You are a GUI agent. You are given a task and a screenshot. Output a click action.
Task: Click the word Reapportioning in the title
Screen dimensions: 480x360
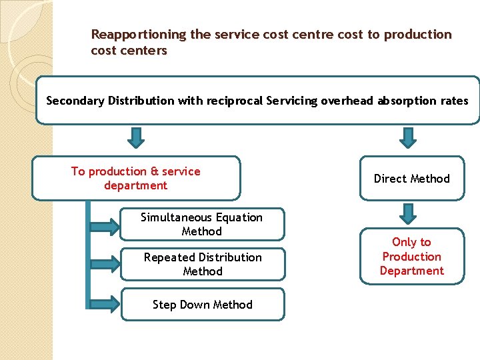(x=139, y=35)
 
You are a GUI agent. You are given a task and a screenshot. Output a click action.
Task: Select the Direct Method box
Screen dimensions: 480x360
(x=411, y=179)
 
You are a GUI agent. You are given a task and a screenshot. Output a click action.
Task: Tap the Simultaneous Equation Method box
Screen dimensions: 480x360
(x=201, y=224)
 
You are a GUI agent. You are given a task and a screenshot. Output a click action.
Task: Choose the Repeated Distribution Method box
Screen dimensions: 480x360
(x=203, y=264)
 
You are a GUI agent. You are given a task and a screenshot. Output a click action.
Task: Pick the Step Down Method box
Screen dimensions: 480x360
(x=203, y=305)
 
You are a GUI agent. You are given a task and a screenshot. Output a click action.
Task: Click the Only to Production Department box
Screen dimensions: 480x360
(x=411, y=257)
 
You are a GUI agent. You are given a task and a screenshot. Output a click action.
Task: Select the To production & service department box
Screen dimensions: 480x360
(x=136, y=178)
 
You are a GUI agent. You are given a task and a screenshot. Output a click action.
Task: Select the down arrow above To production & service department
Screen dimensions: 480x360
(x=136, y=137)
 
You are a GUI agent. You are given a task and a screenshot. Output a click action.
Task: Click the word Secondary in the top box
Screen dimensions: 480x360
(x=75, y=101)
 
